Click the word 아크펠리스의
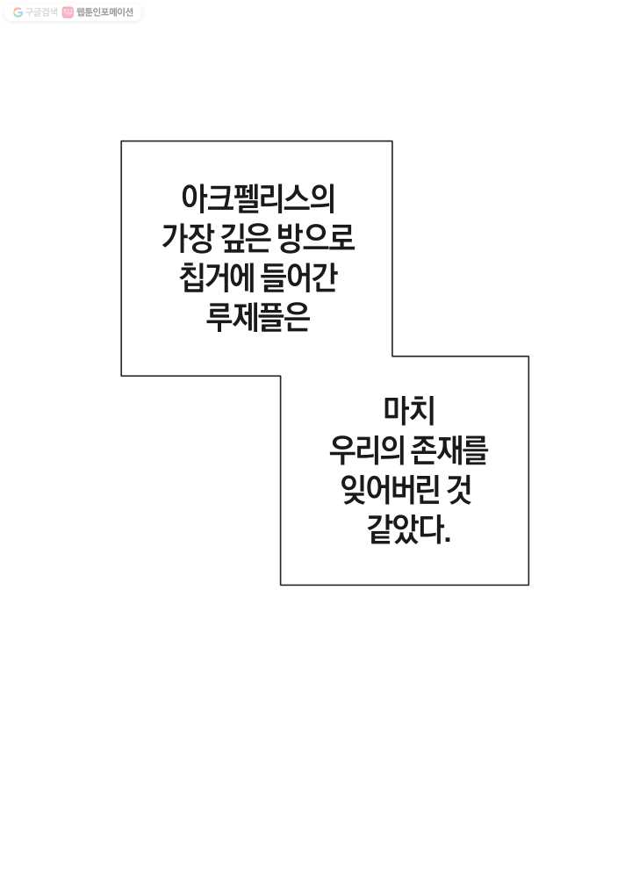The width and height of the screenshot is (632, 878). (x=258, y=198)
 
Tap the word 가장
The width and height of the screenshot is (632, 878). (x=187, y=238)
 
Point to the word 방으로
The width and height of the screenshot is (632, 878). (x=316, y=238)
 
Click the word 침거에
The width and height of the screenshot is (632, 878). (x=215, y=277)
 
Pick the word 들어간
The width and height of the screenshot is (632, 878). (x=299, y=277)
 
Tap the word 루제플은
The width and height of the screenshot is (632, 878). (x=258, y=318)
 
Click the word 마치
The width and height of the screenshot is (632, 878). (x=409, y=409)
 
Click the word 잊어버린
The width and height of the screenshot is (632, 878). (x=391, y=490)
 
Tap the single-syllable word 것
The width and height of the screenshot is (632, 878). (x=460, y=490)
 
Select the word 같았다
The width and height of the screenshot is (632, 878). (x=406, y=529)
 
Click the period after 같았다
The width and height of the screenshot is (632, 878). (x=447, y=541)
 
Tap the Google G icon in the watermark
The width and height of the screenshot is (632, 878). (x=18, y=12)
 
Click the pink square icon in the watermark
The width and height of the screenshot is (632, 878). (x=68, y=12)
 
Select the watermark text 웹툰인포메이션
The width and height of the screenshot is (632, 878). (x=105, y=12)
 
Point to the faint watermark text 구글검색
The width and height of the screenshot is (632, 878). (x=41, y=12)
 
